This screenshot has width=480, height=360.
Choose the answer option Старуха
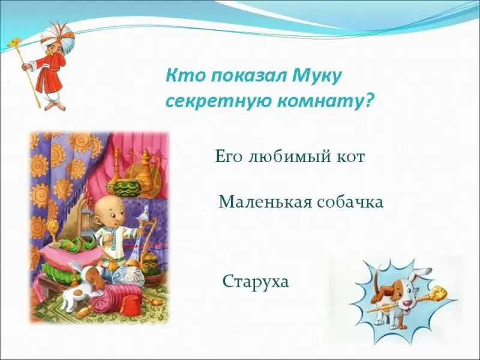coord(256,282)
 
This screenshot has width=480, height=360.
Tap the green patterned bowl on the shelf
coord(127,186)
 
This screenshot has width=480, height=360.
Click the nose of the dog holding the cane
coord(407,304)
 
